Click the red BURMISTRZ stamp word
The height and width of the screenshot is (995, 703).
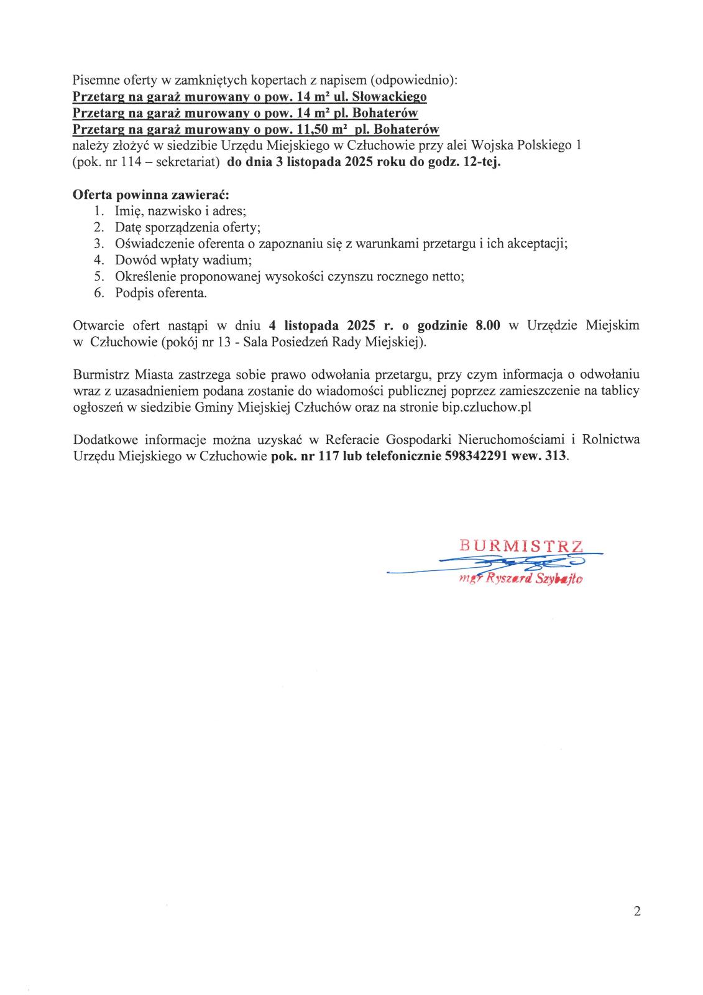click(x=521, y=546)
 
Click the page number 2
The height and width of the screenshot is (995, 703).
click(x=636, y=912)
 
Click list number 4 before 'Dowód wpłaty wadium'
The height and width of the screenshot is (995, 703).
click(x=98, y=260)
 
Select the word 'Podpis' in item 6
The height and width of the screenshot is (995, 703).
click(x=132, y=292)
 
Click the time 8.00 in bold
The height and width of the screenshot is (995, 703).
click(x=488, y=325)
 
